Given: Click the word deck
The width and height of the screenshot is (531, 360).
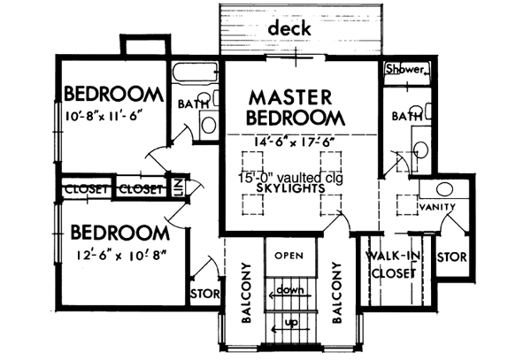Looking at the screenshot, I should click(289, 29).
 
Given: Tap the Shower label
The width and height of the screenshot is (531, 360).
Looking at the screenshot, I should click(407, 70).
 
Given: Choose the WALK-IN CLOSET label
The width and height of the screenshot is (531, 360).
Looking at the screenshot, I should click(390, 265).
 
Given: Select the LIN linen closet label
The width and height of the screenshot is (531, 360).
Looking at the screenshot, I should click(178, 188).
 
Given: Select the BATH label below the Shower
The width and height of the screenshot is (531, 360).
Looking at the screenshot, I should click(406, 116).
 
